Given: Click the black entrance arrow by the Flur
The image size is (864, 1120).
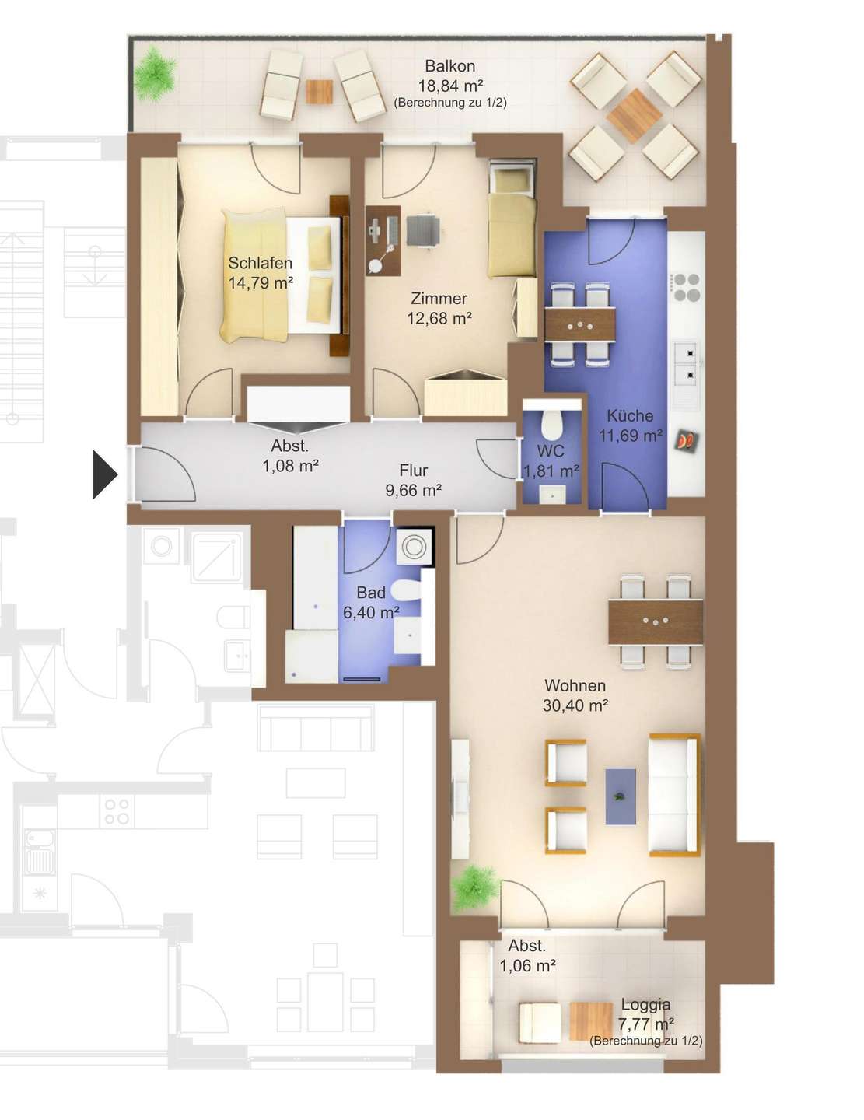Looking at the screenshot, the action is point(104,474).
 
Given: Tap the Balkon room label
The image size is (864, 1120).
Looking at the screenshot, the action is point(449,66).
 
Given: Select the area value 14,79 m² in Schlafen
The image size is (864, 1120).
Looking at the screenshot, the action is point(261,282).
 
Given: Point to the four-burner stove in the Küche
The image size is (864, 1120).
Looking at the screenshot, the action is point(687,287).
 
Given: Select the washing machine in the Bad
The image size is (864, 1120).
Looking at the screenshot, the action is point(415,546).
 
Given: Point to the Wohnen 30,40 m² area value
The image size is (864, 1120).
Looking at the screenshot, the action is point(575,705).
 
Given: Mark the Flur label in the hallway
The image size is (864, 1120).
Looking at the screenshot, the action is point(413,470).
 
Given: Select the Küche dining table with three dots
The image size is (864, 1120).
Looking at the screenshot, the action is point(579,324).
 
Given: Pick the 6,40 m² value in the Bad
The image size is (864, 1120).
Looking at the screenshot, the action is point(371,612).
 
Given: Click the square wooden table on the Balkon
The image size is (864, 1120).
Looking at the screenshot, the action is point(634,116).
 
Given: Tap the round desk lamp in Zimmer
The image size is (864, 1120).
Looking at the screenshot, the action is point(375,265).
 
